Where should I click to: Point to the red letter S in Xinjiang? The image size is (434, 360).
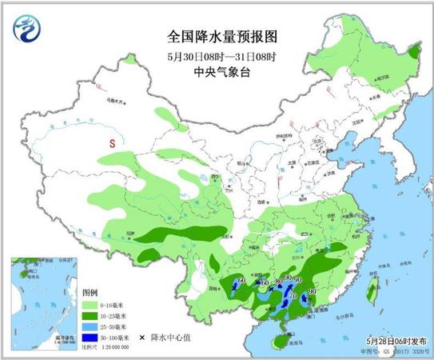[113, 142]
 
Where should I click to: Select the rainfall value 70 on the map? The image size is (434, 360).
[293, 296]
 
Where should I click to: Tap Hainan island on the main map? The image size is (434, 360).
[277, 342]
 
